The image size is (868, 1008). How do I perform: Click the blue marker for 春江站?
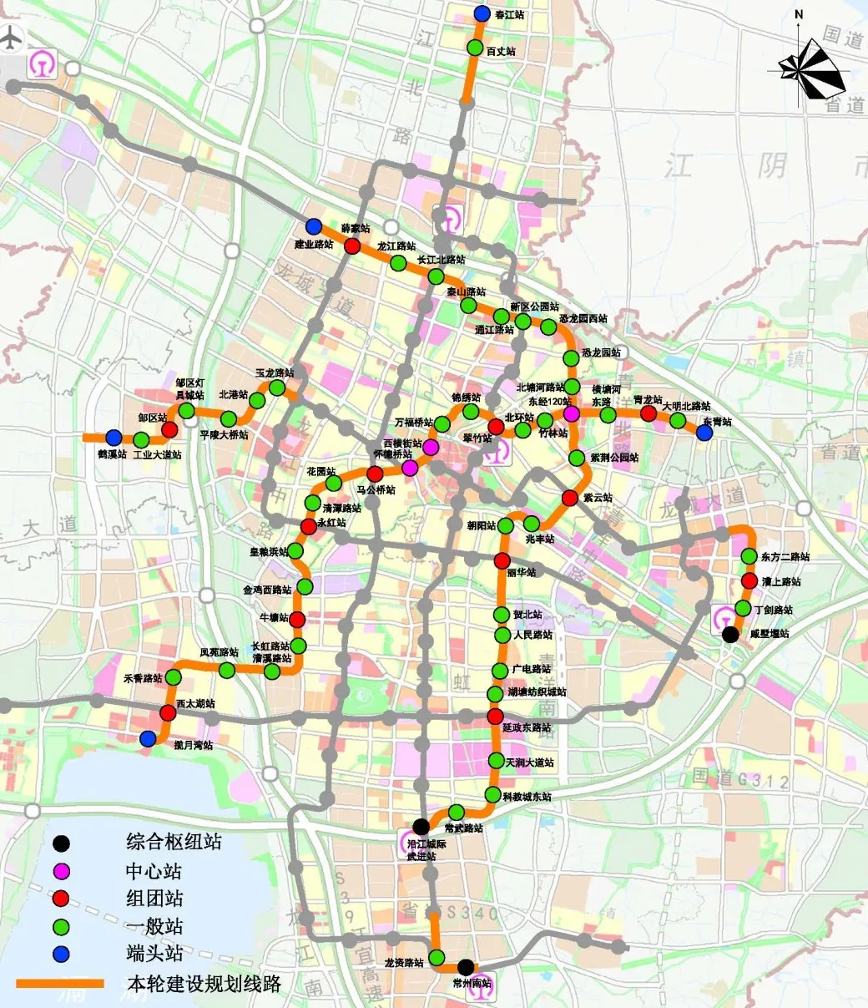[x=482, y=13]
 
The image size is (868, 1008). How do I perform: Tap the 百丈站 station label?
[x=501, y=52]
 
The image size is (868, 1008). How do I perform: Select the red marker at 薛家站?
[x=353, y=246]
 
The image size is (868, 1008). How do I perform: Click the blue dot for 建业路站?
[x=314, y=226]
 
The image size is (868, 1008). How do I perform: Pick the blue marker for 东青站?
[x=704, y=433]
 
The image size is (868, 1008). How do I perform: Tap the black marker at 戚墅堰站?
[x=730, y=634]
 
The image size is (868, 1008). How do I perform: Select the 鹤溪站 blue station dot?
[x=114, y=437]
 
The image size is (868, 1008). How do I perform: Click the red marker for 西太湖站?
[x=168, y=712]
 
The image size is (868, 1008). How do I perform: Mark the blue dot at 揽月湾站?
[x=148, y=738]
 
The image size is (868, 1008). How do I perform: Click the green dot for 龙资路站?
[x=437, y=957]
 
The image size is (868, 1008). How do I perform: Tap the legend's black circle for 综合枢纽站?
[x=62, y=843]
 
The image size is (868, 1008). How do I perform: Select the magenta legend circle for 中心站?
[x=62, y=871]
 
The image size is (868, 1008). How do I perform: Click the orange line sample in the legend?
[x=61, y=984]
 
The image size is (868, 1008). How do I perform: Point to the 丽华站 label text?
[x=521, y=572]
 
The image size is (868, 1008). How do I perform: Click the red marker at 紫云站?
[x=570, y=498]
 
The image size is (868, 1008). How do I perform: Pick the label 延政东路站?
[x=527, y=728]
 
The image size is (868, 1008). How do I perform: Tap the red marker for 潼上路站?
[x=749, y=581]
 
